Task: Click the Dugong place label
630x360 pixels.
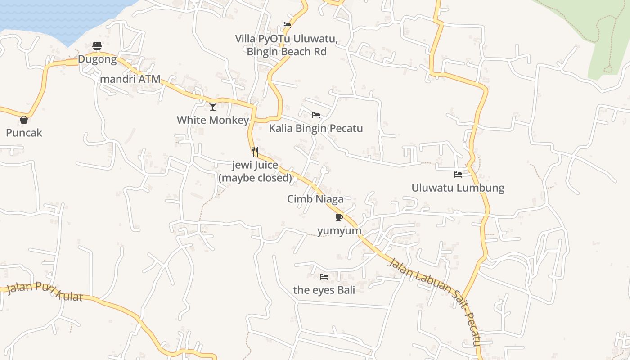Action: (97, 59)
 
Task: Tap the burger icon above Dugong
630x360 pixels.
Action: (97, 45)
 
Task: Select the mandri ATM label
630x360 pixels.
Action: (130, 79)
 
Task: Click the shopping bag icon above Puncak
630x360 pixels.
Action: (24, 120)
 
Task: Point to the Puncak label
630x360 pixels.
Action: (24, 133)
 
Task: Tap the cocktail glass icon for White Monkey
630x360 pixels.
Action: (213, 107)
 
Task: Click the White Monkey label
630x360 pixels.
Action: (213, 120)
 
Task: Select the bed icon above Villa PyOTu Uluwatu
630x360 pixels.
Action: (287, 25)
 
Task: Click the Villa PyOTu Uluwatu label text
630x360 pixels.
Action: (286, 39)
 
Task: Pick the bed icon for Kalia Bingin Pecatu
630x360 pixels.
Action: (316, 115)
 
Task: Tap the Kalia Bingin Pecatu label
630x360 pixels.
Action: (316, 129)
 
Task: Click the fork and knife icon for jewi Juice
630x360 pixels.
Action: (255, 151)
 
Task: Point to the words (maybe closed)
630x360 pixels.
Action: (255, 178)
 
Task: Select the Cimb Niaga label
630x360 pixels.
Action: (315, 199)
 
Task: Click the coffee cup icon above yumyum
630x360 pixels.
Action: (339, 218)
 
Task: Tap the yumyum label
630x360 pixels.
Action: (339, 231)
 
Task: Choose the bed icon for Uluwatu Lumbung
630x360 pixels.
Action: (458, 175)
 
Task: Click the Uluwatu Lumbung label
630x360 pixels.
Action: (458, 188)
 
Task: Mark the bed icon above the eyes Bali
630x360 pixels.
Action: (324, 276)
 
